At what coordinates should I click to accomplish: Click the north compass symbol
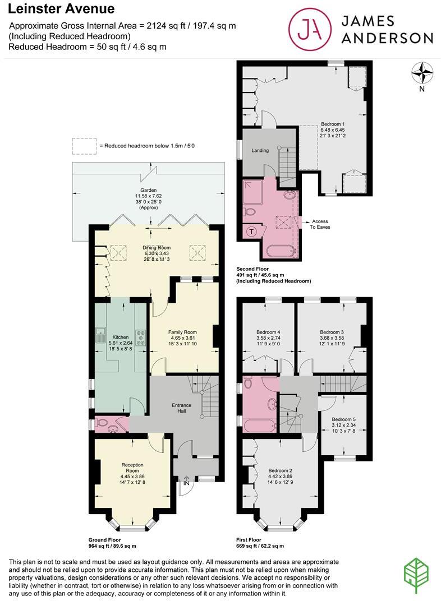422,73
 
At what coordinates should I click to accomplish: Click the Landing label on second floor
260,150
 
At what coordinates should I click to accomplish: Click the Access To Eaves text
320,224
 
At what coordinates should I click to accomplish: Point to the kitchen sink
101,335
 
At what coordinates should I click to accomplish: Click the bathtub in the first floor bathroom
259,425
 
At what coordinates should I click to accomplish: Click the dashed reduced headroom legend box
83,146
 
